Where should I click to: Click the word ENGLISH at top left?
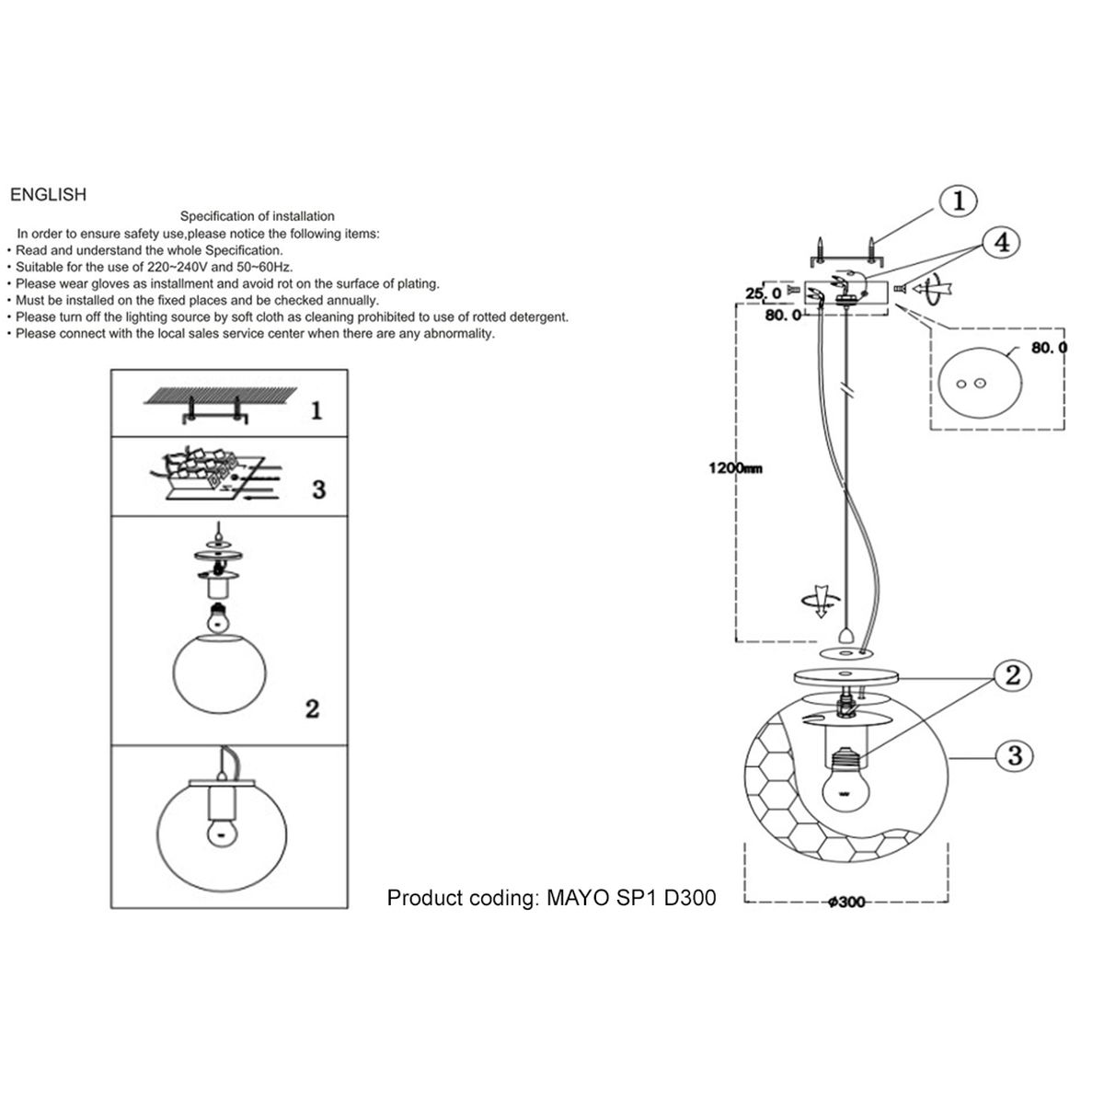[47, 195]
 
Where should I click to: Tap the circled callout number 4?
[1002, 243]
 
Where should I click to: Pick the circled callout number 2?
[1012, 676]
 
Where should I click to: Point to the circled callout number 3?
[1015, 755]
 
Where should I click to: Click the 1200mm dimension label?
[735, 468]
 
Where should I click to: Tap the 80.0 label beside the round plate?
[1050, 348]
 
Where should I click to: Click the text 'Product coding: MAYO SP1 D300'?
[551, 898]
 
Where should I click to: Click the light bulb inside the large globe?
[845, 781]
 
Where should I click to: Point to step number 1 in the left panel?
[316, 410]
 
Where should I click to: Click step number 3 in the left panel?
[318, 489]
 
